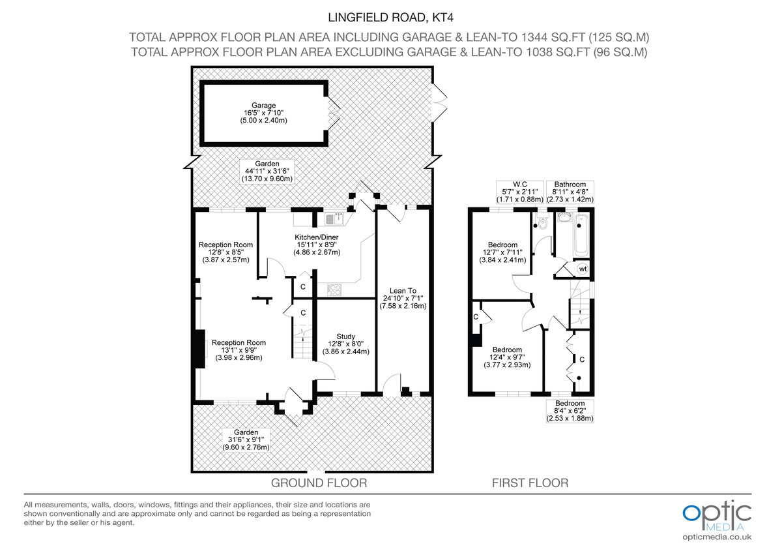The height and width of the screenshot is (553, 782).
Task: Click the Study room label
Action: coord(345,344)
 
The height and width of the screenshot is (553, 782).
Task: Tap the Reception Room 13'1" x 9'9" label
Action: coord(239,350)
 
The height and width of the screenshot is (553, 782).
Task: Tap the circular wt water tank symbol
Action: coord(583,269)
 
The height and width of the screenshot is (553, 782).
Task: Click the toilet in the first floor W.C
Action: coord(542,225)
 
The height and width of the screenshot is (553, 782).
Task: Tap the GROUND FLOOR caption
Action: coord(319,483)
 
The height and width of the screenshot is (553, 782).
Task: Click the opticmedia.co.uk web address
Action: coord(717,537)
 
